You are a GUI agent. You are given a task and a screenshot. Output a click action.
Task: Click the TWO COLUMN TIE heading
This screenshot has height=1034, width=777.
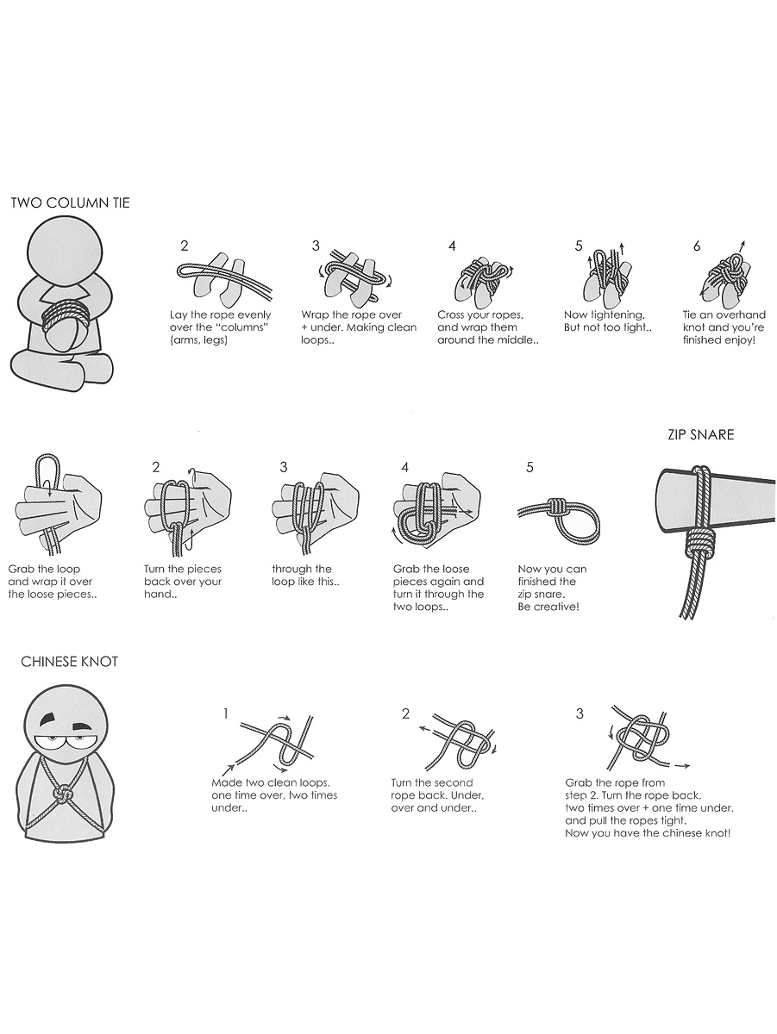click(x=70, y=203)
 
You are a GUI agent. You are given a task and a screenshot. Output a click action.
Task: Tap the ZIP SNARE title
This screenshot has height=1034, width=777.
click(x=701, y=434)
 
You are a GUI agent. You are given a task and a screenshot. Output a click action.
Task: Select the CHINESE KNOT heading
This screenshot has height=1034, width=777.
click(x=69, y=662)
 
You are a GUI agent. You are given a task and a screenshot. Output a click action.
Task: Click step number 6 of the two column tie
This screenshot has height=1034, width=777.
click(x=697, y=246)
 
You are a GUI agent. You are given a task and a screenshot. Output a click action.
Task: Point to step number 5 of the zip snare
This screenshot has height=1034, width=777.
click(x=530, y=467)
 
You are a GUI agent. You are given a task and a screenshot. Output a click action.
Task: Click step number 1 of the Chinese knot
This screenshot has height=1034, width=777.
click(x=226, y=714)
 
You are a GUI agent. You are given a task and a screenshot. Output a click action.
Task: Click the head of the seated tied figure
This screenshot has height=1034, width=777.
click(x=65, y=250)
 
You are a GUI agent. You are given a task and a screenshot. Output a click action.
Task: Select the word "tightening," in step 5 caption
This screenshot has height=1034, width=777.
click(x=617, y=315)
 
